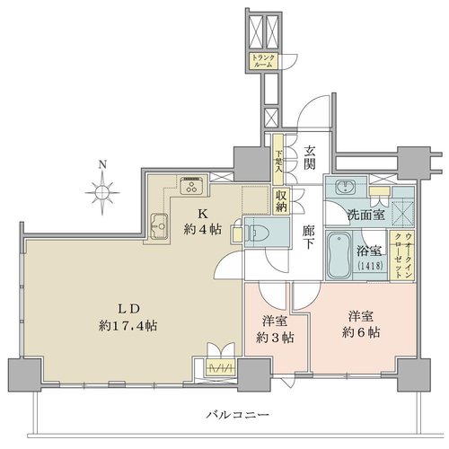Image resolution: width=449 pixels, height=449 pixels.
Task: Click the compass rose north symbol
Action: click(102, 189)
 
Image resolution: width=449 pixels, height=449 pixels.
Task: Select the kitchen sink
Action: click(159, 226)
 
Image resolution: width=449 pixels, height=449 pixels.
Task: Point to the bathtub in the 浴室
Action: click(339, 255)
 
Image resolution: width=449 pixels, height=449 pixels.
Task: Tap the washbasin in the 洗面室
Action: click(347, 188)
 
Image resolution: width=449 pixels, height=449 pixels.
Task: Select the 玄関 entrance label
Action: click(310, 158)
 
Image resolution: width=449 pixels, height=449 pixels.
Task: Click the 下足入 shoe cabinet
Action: click(278, 159)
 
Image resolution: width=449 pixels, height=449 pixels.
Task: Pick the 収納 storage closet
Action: click(281, 201)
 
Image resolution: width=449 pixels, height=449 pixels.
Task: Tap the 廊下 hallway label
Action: click(308, 237)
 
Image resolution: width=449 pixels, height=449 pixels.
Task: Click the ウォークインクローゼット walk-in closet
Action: click(402, 255)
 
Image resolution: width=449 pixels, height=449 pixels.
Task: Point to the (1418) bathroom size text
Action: click(370, 266)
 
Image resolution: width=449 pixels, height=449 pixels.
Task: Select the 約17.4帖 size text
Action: click(128, 326)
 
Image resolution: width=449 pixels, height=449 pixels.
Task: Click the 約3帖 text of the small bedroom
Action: click(275, 338)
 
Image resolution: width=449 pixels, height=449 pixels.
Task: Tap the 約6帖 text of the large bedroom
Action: click(361, 332)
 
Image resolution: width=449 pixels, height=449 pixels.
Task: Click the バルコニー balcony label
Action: click(238, 415)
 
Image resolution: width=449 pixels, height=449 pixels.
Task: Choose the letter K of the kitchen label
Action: click(203, 215)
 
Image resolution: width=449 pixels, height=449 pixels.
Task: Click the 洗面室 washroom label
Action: click(365, 215)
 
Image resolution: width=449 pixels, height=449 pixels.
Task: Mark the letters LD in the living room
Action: click(128, 309)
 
